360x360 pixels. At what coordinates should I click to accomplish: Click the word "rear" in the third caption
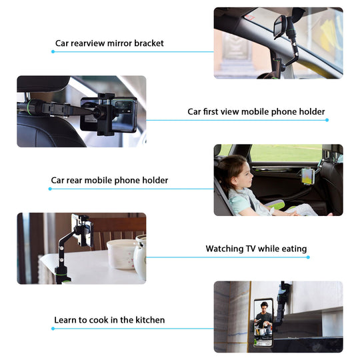click(x=75, y=181)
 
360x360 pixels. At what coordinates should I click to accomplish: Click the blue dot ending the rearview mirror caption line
click(x=53, y=51)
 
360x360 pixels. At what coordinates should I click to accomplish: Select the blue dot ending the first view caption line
click(x=327, y=120)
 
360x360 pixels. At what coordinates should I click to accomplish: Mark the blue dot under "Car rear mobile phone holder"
click(x=50, y=189)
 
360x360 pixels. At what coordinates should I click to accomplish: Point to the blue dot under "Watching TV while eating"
click(x=308, y=257)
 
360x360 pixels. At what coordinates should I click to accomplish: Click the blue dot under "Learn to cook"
click(x=53, y=329)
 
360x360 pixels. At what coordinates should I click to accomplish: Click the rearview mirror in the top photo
click(x=279, y=27)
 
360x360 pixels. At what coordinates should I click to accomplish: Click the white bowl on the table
click(x=121, y=254)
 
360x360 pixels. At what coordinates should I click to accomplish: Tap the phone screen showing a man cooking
click(x=263, y=322)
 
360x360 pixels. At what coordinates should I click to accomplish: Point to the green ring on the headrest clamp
click(x=29, y=107)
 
